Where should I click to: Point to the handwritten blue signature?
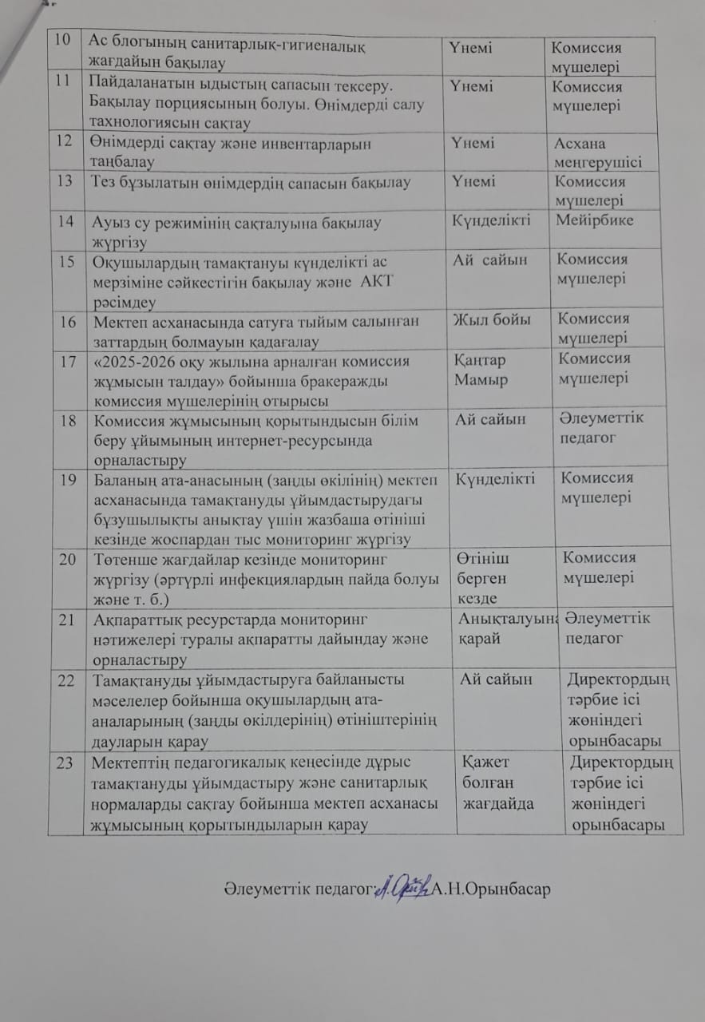(402, 888)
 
